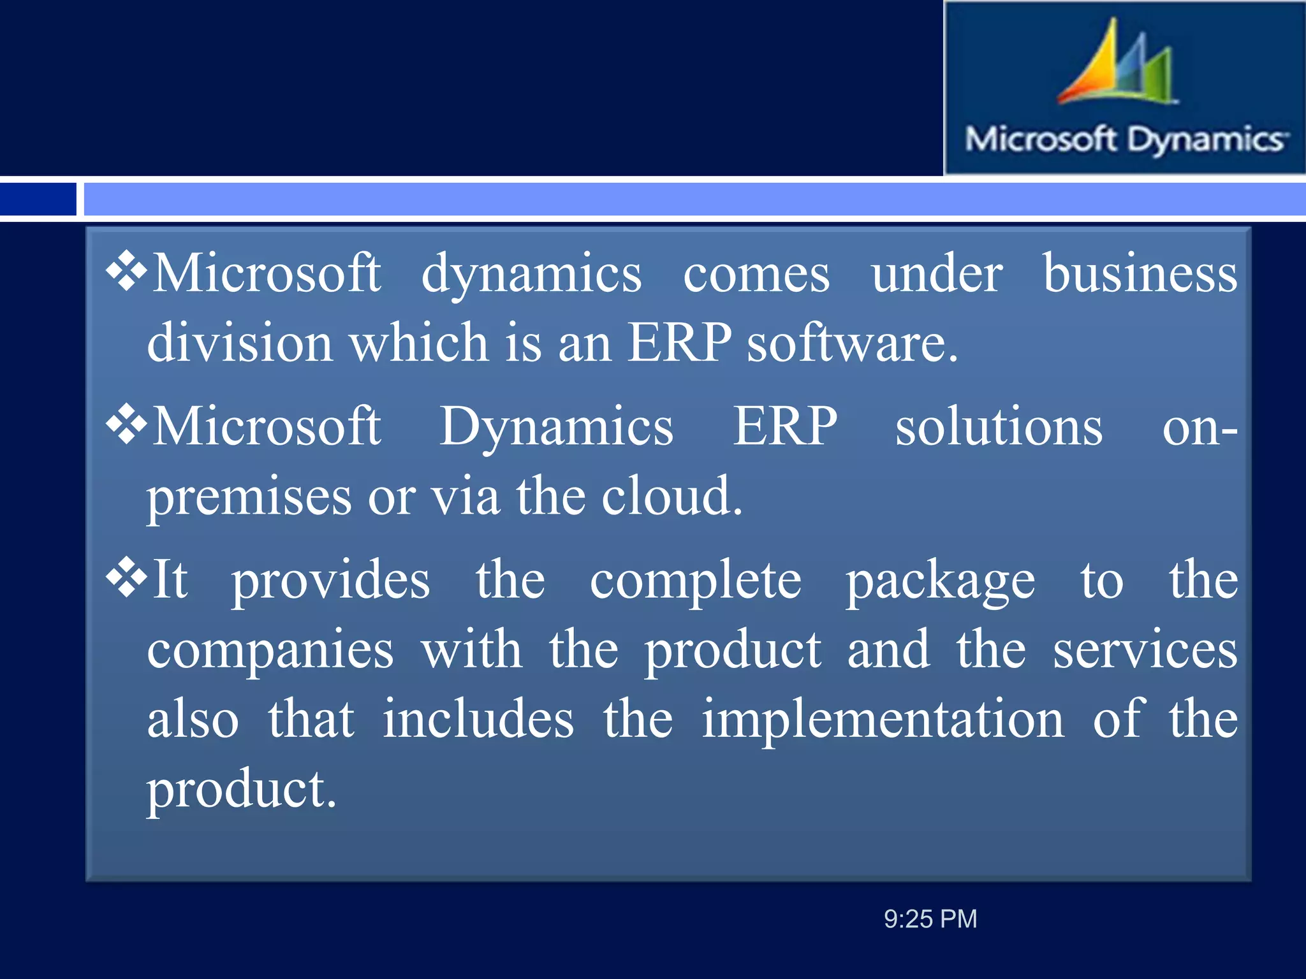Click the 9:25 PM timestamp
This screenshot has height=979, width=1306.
click(930, 919)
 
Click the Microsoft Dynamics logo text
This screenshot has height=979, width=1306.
click(1126, 140)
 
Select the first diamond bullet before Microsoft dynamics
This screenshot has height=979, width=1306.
click(127, 272)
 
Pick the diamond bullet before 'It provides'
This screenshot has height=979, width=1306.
click(127, 577)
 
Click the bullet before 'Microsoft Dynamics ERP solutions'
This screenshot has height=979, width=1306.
click(127, 424)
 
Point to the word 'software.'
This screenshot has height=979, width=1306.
click(852, 343)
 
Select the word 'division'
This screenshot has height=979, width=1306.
click(240, 343)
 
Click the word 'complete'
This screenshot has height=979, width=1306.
click(695, 581)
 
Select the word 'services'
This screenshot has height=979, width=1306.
click(1145, 650)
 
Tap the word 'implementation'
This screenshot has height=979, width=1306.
click(883, 720)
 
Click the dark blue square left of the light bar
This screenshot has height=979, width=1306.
click(38, 199)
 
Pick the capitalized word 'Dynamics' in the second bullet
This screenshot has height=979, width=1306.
click(556, 427)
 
